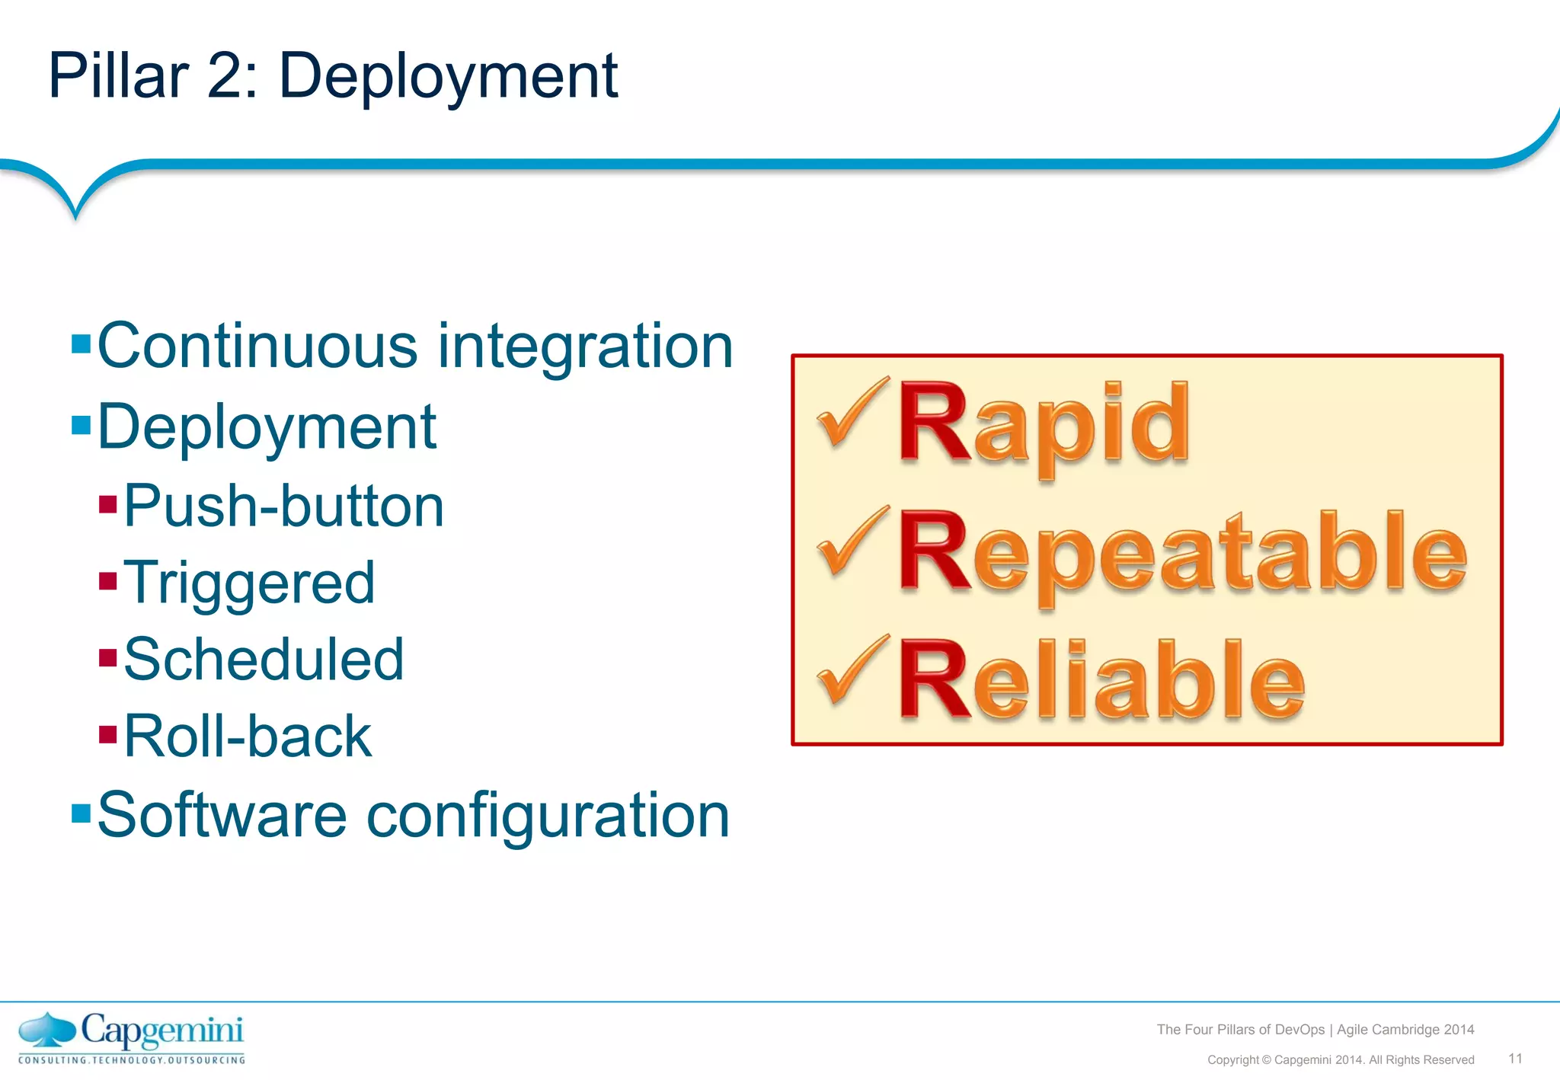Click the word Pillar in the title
point(118,76)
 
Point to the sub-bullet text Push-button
point(283,506)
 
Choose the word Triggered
point(249,583)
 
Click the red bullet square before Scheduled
point(108,657)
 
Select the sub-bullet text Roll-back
point(248,737)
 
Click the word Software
point(221,816)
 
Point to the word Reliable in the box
point(1101,679)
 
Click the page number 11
point(1515,1059)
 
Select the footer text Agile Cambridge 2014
point(1405,1030)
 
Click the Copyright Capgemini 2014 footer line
point(1341,1060)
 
